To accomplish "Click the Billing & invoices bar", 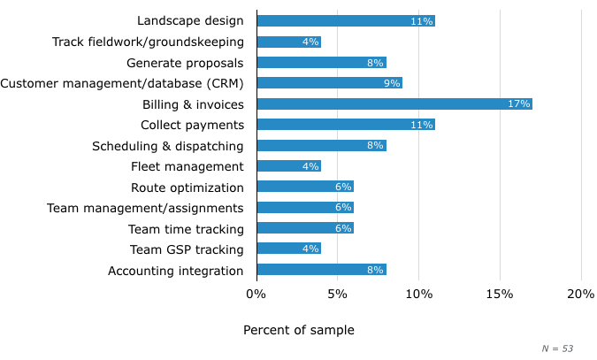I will [x=394, y=103].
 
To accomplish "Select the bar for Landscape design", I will [x=345, y=20].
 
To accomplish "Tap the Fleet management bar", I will [x=288, y=166].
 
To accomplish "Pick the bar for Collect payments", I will [x=345, y=125].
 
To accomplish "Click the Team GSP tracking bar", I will [x=288, y=249].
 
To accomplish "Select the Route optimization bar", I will [x=304, y=187].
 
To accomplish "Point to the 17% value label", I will [x=519, y=104].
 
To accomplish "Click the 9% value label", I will [x=391, y=83].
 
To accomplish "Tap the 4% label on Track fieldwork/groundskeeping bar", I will [x=310, y=42].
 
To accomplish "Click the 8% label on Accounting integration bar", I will [x=375, y=271].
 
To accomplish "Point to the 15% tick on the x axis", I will [x=500, y=294].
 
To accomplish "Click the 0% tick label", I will [x=256, y=294].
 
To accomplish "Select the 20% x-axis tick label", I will [x=581, y=294].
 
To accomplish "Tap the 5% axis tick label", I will [x=337, y=294].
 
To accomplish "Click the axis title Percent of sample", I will [x=298, y=330].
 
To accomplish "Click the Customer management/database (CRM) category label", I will [x=122, y=83].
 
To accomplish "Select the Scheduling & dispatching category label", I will [x=167, y=146].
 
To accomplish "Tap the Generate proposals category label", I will [x=184, y=62].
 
